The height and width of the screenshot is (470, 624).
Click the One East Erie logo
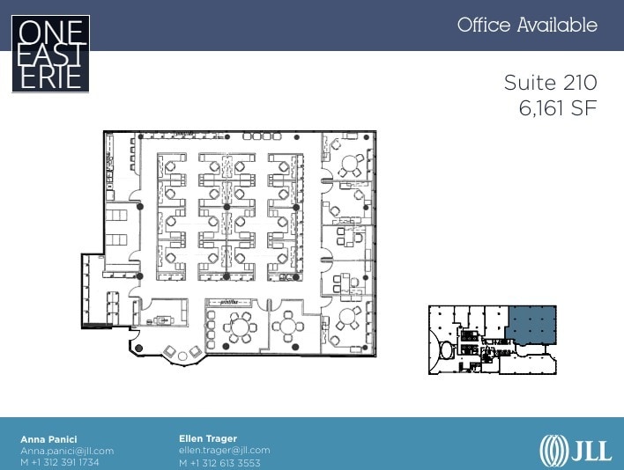[x=50, y=54]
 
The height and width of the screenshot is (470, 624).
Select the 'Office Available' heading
[x=527, y=25]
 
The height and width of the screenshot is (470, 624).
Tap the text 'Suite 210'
[x=550, y=83]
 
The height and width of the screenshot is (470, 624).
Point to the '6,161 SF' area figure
[x=558, y=108]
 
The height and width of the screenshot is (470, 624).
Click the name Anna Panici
[x=48, y=438]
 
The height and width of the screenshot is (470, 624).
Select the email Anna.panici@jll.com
[x=67, y=451]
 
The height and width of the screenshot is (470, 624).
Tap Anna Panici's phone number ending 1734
[x=60, y=462]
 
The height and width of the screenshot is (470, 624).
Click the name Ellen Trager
[x=207, y=438]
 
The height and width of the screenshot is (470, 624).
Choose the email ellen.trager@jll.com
[x=224, y=451]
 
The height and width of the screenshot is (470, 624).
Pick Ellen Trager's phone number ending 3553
[x=219, y=462]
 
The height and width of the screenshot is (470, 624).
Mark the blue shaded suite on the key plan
[x=531, y=322]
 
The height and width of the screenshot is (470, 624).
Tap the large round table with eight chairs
[x=239, y=329]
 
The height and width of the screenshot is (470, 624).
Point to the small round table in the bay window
[x=183, y=355]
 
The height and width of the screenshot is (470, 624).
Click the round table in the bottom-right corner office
[x=346, y=317]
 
